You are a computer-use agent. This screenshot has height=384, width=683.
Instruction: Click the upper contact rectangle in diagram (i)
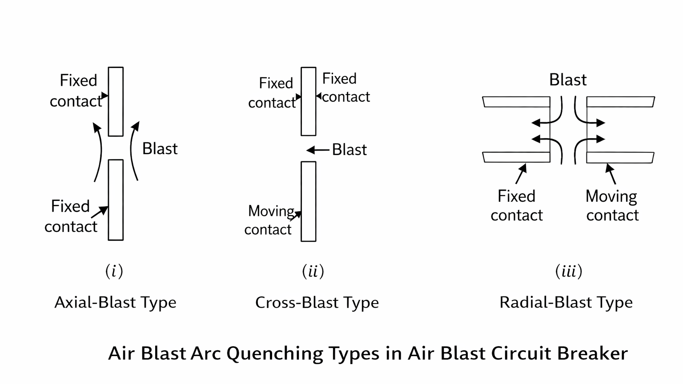pos(116,101)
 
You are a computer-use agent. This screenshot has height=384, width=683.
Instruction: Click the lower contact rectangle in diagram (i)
pos(116,200)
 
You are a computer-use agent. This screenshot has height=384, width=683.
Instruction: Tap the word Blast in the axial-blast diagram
pos(160,148)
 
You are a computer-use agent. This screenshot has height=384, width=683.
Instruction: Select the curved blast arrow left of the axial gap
pos(98,151)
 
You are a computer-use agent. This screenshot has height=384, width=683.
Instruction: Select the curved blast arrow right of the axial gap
pos(133,151)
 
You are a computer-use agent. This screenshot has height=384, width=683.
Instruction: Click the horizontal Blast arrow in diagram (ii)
pos(317,150)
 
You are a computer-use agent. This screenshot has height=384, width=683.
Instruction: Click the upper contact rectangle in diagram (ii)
pos(309,101)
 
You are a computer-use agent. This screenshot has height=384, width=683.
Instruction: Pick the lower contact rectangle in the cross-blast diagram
pos(309,201)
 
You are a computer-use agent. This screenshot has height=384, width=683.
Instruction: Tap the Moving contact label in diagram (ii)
pos(269,220)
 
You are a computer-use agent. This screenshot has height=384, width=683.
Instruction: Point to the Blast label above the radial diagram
pos(568,80)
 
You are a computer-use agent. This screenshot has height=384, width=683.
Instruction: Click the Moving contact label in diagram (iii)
pos(612,206)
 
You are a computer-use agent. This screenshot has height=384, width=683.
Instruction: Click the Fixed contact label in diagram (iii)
pos(517,206)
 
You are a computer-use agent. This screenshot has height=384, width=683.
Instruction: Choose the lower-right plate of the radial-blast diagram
pos(620,157)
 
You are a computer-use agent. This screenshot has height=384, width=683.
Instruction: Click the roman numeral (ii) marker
pos(313,271)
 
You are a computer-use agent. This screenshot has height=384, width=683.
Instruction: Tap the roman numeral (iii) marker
pos(569,271)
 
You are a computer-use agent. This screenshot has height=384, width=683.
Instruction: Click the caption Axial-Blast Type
pos(115,303)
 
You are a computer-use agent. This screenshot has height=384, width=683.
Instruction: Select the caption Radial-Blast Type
pos(566,303)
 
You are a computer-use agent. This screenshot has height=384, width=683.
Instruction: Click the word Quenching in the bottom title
pos(275,354)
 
